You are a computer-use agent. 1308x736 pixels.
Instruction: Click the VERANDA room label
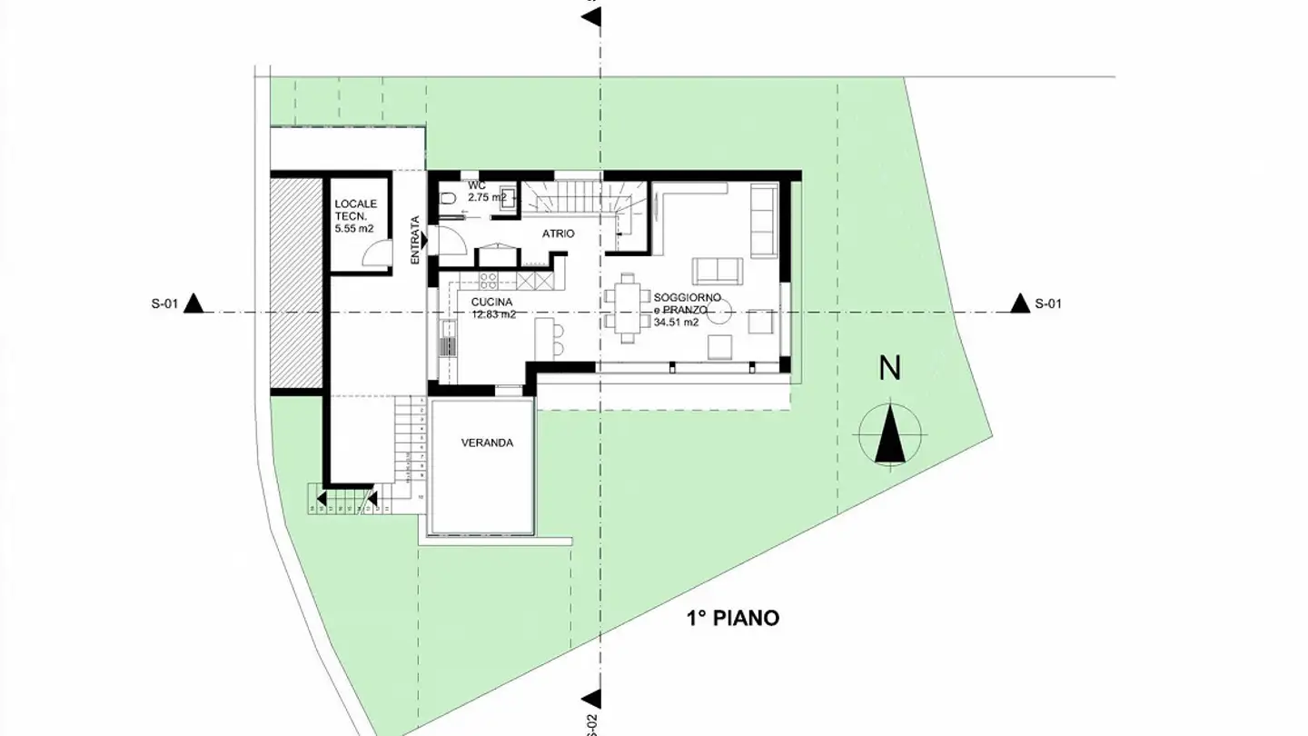click(487, 443)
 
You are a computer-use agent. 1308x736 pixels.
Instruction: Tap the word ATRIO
click(558, 234)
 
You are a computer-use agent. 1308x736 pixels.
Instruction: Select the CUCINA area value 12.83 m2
click(493, 314)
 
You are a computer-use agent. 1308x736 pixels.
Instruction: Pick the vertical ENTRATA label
click(415, 240)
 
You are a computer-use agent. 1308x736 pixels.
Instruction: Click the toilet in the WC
click(447, 199)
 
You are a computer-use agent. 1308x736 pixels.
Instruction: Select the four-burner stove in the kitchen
click(488, 280)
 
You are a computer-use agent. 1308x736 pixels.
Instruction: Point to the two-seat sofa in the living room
click(718, 270)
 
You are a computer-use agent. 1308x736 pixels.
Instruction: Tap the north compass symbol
click(891, 433)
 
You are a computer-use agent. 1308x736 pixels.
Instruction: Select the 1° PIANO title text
click(732, 619)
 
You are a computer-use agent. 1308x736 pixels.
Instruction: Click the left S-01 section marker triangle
click(193, 304)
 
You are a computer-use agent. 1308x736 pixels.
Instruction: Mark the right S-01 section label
click(1047, 304)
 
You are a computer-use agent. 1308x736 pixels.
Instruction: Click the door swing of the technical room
click(375, 255)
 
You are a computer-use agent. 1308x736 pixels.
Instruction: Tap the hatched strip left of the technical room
click(297, 282)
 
